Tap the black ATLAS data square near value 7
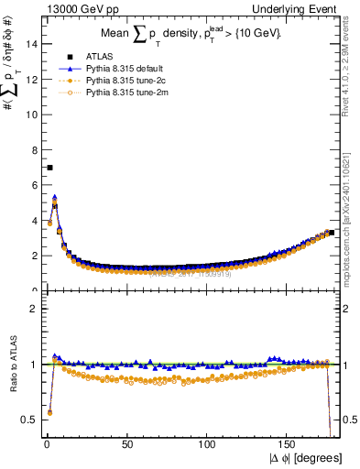(x=49, y=168)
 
